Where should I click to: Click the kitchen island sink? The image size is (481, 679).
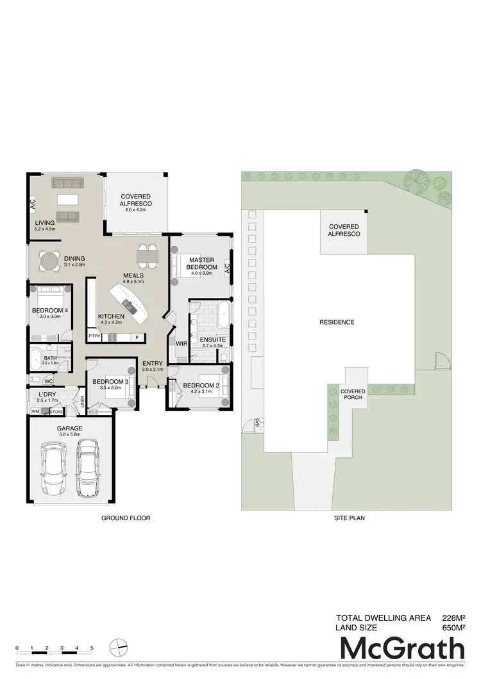128,306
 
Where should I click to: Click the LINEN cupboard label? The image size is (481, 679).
83,402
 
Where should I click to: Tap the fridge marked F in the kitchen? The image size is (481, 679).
137,337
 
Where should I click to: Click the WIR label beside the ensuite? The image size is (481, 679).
180,344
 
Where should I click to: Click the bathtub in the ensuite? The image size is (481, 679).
223,313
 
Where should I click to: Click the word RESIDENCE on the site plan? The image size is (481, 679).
337,322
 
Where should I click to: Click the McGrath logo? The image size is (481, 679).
402,649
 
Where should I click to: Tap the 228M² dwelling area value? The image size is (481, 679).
453,618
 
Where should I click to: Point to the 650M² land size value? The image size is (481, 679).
453,628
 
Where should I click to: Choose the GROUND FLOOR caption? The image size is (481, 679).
126,518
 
